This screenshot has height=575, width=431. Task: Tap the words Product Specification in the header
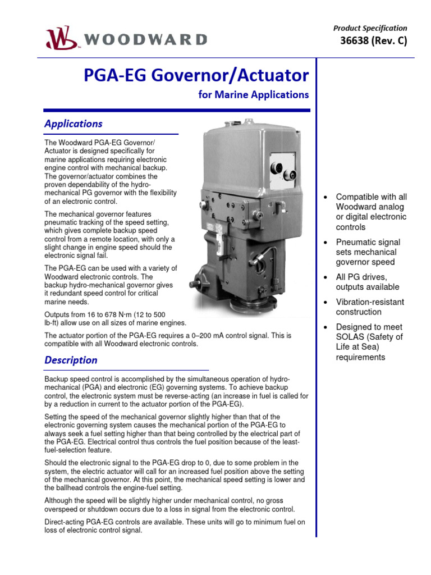coord(370,28)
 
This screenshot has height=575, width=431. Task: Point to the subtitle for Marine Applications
coord(254,95)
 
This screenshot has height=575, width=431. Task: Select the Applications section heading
coord(74,124)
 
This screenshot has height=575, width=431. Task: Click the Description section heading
coord(71,360)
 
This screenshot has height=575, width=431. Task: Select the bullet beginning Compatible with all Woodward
coord(371,212)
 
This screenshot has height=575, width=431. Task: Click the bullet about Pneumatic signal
coord(368,252)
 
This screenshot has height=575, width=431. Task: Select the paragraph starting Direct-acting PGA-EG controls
coord(175,526)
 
